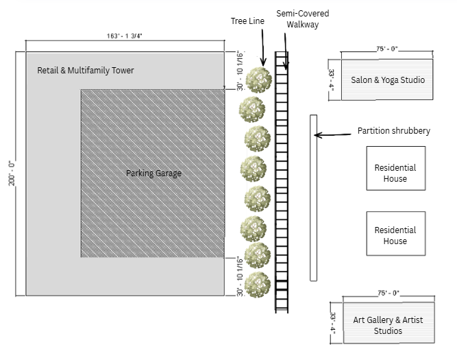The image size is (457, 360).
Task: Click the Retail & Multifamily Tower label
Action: click(86, 71)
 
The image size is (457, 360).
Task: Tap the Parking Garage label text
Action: click(153, 173)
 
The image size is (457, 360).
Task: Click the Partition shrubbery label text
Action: click(394, 131)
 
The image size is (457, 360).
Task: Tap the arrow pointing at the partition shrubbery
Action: click(335, 134)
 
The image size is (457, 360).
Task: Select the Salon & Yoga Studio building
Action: click(388, 80)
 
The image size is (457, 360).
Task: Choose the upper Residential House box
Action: click(395, 173)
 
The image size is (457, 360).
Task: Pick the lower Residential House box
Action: click(395, 236)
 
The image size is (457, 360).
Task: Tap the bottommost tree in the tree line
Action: click(257, 283)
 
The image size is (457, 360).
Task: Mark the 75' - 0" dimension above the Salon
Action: click(387, 49)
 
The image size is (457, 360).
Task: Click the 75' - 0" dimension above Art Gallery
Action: click(387, 292)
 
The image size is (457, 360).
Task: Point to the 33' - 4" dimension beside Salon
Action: click(333, 80)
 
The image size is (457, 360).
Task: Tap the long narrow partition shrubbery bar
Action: click(314, 197)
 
